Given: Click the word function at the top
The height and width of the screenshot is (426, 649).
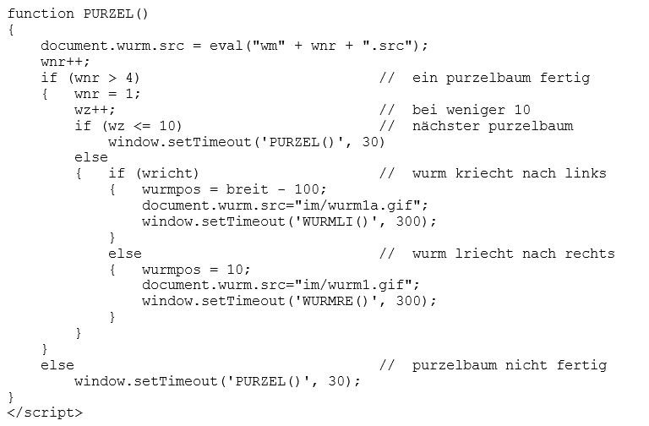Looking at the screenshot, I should tap(37, 14).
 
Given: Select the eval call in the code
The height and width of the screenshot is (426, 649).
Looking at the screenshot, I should tap(226, 46).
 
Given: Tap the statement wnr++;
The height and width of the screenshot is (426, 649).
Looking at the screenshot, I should tap(65, 62).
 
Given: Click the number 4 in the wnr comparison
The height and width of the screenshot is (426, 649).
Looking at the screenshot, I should tap(132, 78).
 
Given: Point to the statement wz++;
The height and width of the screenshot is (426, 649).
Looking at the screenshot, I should tap(95, 110).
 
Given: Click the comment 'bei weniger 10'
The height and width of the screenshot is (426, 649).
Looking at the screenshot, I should tap(472, 110).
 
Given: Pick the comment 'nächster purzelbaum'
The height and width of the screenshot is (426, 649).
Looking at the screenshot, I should tap(493, 126).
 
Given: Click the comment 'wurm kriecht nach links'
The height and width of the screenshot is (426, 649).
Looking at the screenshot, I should tap(510, 173).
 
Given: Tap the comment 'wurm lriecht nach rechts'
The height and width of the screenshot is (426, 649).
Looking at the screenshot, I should tap(514, 253).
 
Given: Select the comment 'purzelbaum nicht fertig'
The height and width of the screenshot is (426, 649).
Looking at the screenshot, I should tap(510, 365).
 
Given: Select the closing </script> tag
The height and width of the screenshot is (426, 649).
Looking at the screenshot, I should tap(45, 412).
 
